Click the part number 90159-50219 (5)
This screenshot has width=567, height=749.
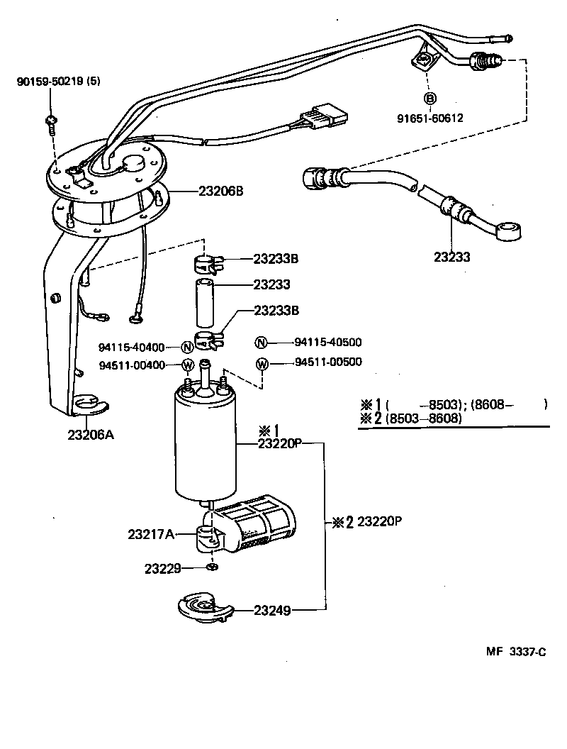58,81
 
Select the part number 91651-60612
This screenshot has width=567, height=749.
430,118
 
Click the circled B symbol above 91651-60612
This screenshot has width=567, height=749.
430,98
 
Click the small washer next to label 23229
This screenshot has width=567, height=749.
211,567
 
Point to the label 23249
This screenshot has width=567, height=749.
271,609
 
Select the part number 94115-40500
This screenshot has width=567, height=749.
328,342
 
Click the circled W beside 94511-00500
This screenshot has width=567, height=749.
262,364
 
